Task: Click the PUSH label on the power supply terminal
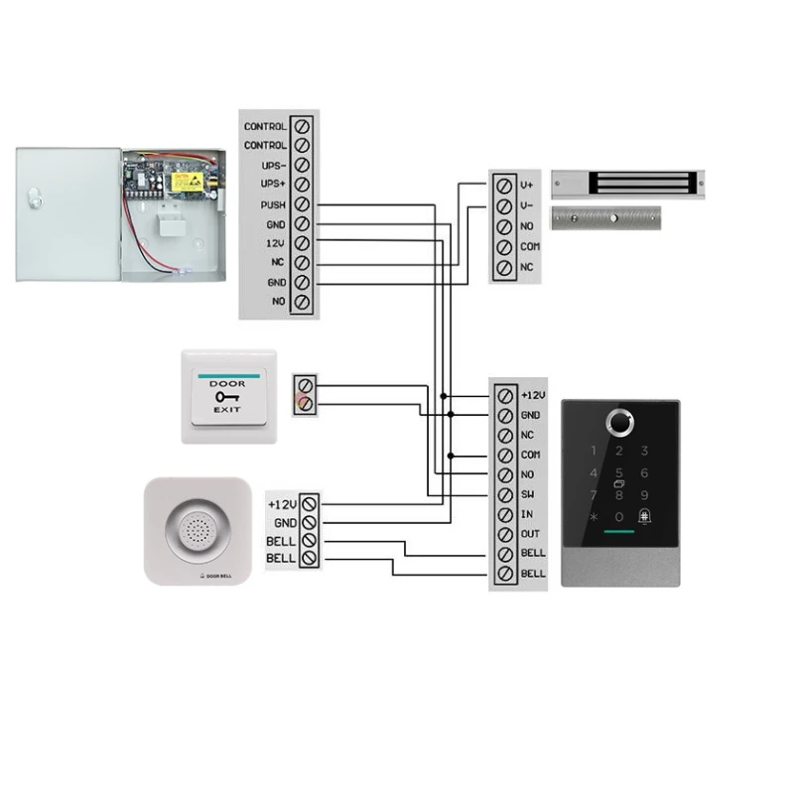point(272,205)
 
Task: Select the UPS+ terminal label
point(272,185)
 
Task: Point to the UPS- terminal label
point(272,165)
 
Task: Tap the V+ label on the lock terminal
point(527,185)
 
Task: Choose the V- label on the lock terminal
point(527,205)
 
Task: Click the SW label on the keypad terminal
point(528,494)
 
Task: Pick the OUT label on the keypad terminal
point(530,534)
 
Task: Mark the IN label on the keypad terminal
point(527,514)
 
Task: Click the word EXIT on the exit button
point(228,408)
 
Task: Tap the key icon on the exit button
point(227,396)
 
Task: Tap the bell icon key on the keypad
point(645,516)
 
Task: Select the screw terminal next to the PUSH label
point(303,204)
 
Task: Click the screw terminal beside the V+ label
point(504,185)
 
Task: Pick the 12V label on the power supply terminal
point(275,243)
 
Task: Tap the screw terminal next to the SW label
point(504,494)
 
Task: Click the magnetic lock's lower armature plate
point(606,217)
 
